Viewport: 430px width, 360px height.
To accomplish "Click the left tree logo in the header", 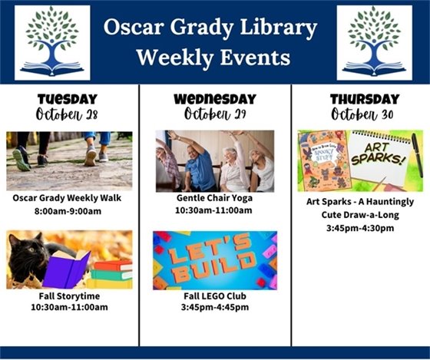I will pos(51,42).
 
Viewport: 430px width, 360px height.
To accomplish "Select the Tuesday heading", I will pos(68,99).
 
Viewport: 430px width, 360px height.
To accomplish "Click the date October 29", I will pos(214,114).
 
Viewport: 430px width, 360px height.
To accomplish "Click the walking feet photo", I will pos(69,160).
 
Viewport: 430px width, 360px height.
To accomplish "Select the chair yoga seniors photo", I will pos(214,160).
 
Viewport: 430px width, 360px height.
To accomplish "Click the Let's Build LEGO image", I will pos(214,260).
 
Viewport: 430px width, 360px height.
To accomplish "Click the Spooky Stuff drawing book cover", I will pos(323,160).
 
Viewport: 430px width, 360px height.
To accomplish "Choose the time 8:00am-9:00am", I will pos(68,211).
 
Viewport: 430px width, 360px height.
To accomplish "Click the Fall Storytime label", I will pos(68,296).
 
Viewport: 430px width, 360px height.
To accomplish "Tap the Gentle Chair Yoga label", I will pos(214,198).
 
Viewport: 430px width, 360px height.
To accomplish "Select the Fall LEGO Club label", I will pos(214,296).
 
